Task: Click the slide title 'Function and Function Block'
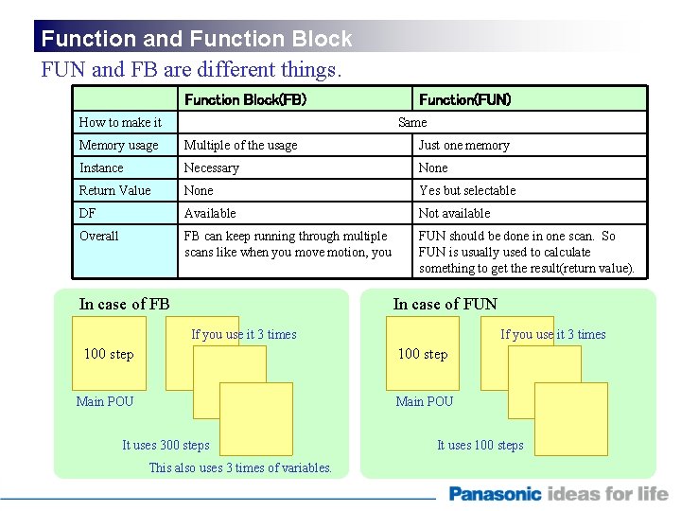(197, 39)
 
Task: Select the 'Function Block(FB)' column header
(245, 99)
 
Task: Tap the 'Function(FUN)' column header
(464, 99)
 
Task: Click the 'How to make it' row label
(120, 122)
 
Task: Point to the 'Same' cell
(412, 122)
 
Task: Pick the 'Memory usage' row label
(118, 145)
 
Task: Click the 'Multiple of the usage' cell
(240, 145)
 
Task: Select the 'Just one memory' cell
(463, 145)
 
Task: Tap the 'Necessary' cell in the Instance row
(211, 167)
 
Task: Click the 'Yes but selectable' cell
(467, 190)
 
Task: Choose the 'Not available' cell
(454, 213)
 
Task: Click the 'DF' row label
(87, 213)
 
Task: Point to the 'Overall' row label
(98, 236)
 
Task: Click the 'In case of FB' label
(124, 304)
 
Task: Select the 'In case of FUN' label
(445, 304)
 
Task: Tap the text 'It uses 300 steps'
(166, 445)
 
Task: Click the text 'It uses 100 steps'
(480, 445)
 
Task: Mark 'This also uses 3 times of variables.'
(240, 467)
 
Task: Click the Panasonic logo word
(495, 493)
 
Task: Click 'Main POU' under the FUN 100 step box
(424, 401)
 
